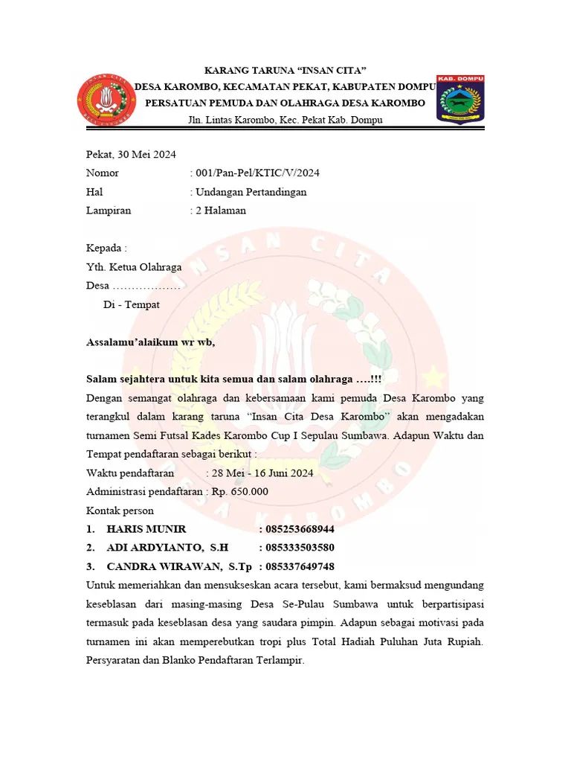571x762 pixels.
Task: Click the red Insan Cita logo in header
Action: coord(105,99)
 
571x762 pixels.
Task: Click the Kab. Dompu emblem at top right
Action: coord(460,99)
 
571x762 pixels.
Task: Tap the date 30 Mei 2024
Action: coord(147,154)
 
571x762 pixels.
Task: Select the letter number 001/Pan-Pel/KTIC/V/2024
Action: coord(257,173)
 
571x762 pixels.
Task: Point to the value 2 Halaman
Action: coord(220,210)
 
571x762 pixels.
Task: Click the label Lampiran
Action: coord(109,210)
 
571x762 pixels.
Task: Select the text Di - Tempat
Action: coord(131,304)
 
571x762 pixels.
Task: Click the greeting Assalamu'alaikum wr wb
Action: coord(150,342)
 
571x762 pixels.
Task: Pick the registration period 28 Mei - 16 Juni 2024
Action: coord(262,473)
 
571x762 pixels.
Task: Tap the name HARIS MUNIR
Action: coord(146,529)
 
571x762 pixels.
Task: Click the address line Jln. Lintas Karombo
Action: coord(285,120)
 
